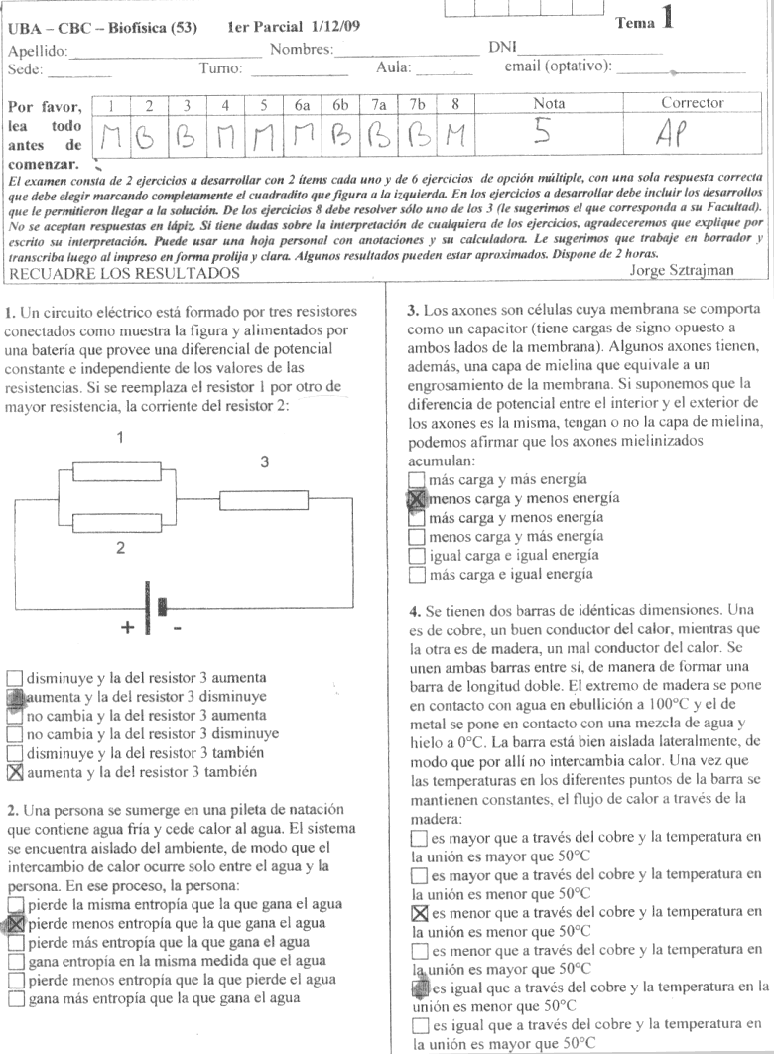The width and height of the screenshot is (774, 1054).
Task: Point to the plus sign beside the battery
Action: click(127, 628)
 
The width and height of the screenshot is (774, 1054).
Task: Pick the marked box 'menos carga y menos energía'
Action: click(416, 499)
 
